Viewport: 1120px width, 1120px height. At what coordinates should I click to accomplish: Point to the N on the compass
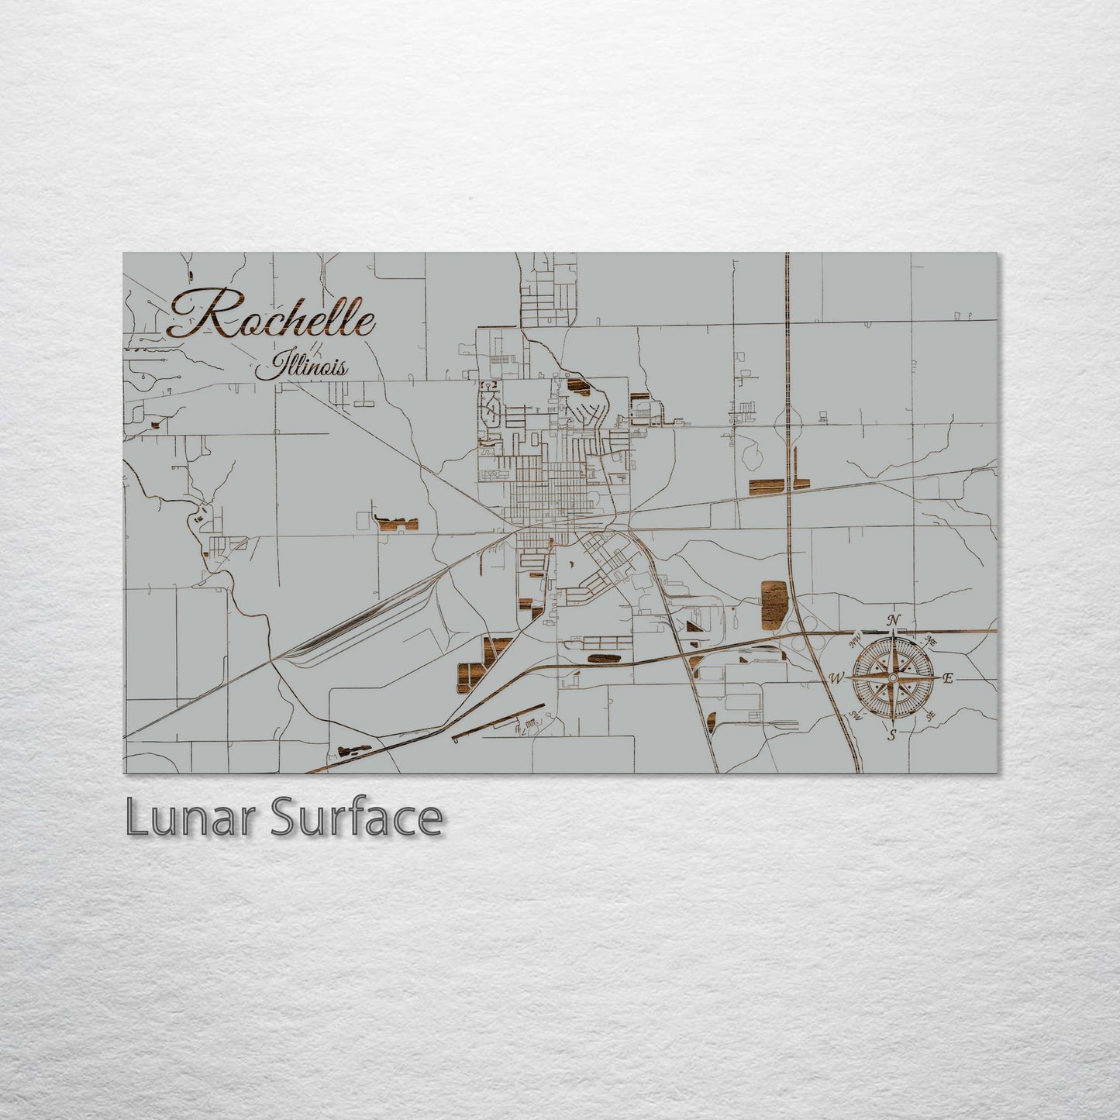(x=894, y=620)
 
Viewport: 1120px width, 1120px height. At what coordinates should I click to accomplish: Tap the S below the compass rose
(x=892, y=735)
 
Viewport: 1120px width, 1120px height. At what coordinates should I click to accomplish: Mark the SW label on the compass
(x=856, y=715)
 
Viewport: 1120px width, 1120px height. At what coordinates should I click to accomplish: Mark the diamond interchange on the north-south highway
(x=788, y=422)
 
